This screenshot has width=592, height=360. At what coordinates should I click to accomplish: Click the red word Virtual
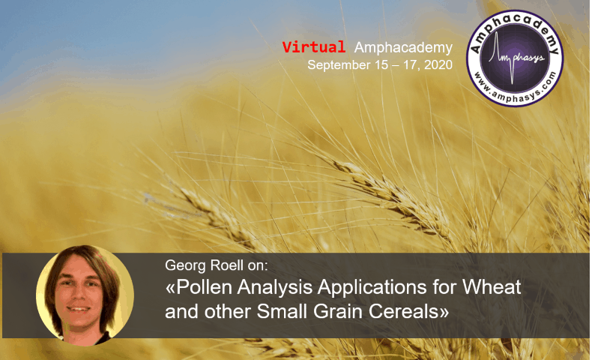pyautogui.click(x=314, y=47)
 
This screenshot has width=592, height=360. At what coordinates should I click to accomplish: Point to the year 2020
pyautogui.click(x=438, y=65)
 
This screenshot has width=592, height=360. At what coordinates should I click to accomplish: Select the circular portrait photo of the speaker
pyautogui.click(x=85, y=294)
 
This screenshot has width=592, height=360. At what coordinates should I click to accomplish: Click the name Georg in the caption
pyautogui.click(x=183, y=265)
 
